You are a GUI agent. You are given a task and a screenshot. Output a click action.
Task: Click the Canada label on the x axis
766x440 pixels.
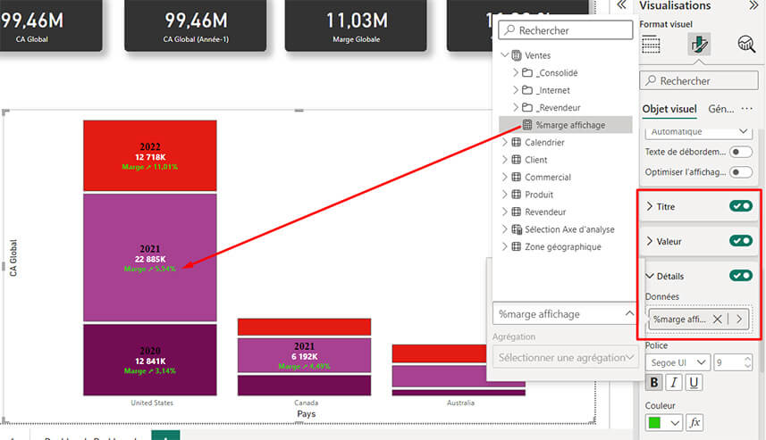pos(306,403)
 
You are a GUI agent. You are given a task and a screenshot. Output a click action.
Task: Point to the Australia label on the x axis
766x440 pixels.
pos(460,403)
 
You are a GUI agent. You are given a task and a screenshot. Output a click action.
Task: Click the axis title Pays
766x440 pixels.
pos(306,414)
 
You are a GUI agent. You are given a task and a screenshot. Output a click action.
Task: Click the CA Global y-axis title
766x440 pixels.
pos(13,258)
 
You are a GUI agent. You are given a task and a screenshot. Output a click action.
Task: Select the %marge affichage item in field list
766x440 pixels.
pos(569,125)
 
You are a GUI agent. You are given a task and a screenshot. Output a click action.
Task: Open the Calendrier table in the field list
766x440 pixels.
pos(544,143)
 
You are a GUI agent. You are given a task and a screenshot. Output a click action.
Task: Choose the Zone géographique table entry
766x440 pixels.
pos(562,246)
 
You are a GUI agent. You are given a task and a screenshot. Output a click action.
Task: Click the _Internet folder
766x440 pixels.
pos(552,90)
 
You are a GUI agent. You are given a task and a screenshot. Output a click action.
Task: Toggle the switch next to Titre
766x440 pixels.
pos(740,206)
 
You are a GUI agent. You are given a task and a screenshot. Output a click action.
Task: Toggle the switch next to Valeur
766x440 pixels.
pos(740,241)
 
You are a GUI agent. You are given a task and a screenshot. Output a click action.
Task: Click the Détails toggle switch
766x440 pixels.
pos(740,276)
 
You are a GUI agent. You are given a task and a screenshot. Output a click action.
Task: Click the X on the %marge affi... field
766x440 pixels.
pos(717,319)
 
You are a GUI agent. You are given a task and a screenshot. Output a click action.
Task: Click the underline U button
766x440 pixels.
pos(694,383)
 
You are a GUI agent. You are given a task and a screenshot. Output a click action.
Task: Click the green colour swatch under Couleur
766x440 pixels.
pos(656,421)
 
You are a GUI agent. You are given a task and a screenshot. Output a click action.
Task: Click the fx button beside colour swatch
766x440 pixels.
pos(694,421)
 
